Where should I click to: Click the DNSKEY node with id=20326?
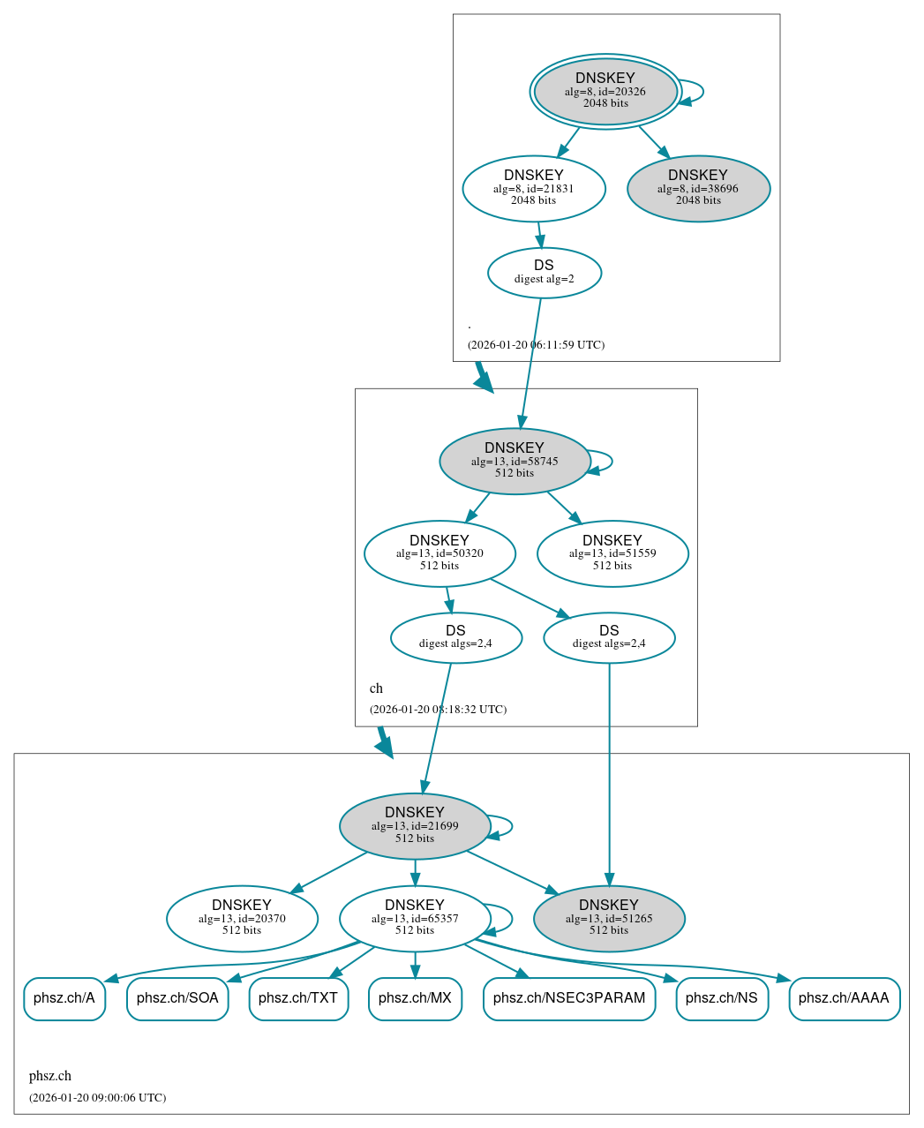pyautogui.click(x=605, y=91)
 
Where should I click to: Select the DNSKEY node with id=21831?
pyautogui.click(x=534, y=188)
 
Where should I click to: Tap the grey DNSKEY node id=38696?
pyautogui.click(x=698, y=188)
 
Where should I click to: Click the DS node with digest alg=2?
pyautogui.click(x=545, y=273)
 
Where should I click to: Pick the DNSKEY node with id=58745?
pyautogui.click(x=515, y=461)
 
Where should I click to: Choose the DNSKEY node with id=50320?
pyautogui.click(x=439, y=553)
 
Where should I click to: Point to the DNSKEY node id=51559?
pyautogui.click(x=612, y=553)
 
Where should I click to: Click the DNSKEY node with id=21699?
pyautogui.click(x=415, y=825)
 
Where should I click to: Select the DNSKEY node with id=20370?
pyautogui.click(x=242, y=918)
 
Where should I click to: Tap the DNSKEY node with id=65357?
pyautogui.click(x=415, y=918)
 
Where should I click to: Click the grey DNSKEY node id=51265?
pyautogui.click(x=609, y=918)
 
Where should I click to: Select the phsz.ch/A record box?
pyautogui.click(x=64, y=998)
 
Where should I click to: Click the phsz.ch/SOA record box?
pyautogui.click(x=177, y=998)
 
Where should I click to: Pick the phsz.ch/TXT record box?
pyautogui.click(x=298, y=998)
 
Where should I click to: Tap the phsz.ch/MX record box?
pyautogui.click(x=415, y=998)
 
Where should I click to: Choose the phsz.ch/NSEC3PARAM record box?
pyautogui.click(x=569, y=998)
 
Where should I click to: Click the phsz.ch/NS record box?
pyautogui.click(x=722, y=998)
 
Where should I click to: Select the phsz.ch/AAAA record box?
pyautogui.click(x=844, y=998)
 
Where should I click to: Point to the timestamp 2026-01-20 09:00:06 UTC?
pyautogui.click(x=97, y=1098)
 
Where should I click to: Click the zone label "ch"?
pyautogui.click(x=376, y=688)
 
